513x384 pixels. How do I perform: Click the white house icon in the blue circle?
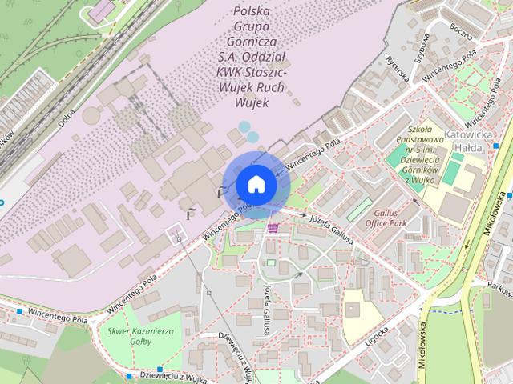click(256, 184)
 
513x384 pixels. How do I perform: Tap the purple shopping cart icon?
click(273, 228)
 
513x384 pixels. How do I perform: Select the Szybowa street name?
click(423, 47)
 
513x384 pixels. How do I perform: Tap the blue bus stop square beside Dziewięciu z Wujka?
click(128, 376)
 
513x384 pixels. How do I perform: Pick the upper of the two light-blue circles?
click(244, 126)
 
